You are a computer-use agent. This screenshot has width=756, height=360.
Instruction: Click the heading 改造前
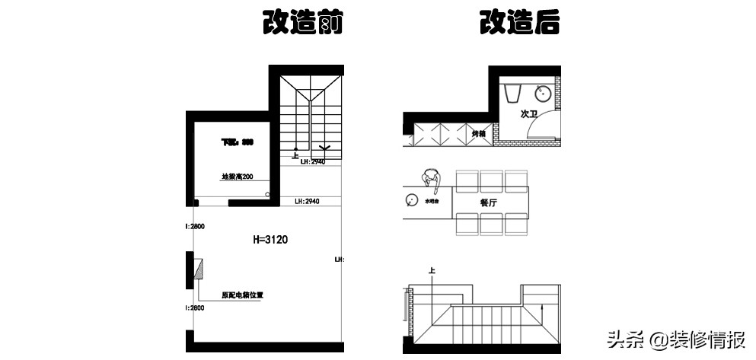click(302, 23)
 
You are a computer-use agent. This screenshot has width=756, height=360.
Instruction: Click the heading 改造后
click(520, 23)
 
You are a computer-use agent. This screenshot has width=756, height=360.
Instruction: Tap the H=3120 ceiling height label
click(270, 239)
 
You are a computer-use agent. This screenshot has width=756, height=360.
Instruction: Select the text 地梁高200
click(237, 177)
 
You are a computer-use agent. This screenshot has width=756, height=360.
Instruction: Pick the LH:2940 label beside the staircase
click(314, 162)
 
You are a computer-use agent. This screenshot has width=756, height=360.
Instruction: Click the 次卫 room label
click(528, 114)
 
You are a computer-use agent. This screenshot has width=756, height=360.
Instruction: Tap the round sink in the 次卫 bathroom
click(544, 94)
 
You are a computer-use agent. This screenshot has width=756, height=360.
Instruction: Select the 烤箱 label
click(478, 134)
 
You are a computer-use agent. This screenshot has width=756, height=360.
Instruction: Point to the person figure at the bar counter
click(432, 180)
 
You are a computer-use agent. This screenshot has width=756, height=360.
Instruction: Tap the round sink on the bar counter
click(412, 201)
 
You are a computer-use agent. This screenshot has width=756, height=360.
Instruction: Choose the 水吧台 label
click(433, 205)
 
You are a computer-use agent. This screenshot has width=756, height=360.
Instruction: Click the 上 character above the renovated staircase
click(432, 270)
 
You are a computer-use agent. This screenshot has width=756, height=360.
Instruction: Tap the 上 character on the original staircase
click(295, 156)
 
